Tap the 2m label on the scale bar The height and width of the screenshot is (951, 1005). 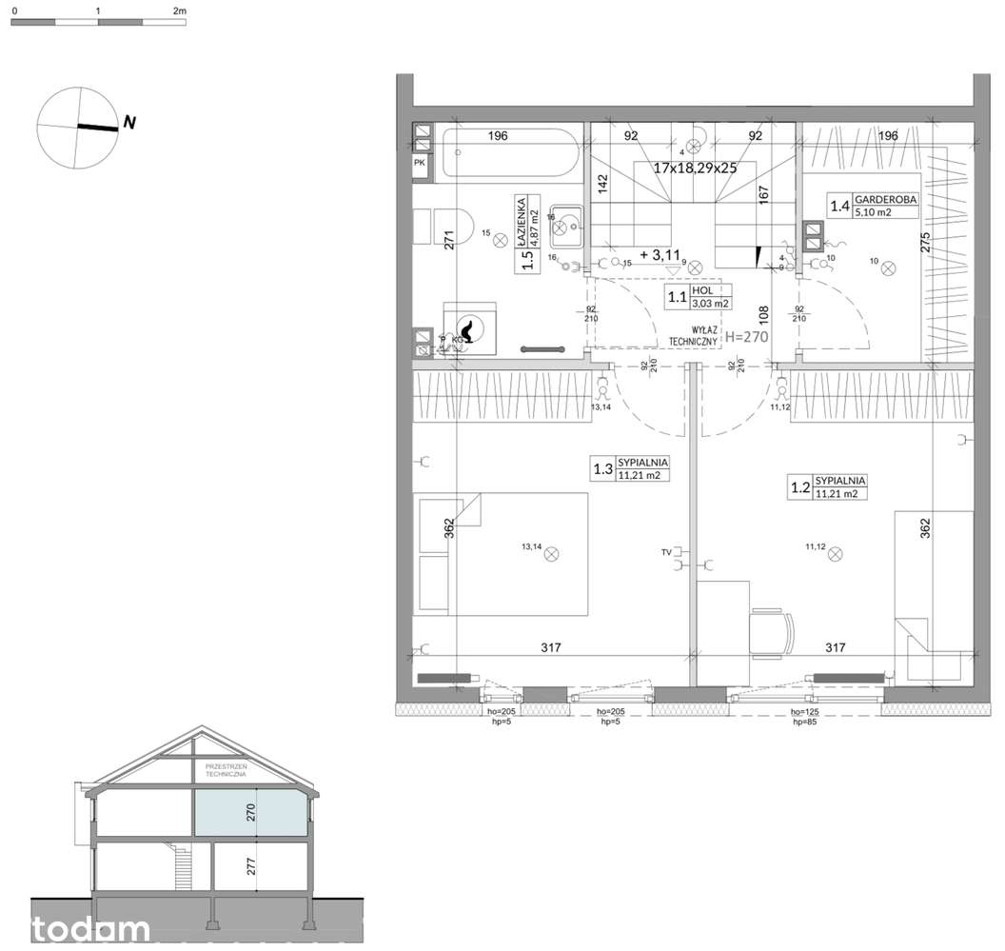click(180, 9)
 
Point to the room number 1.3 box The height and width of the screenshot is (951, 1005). click(602, 468)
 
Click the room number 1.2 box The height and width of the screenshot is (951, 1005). click(800, 487)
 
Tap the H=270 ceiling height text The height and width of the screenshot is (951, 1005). click(746, 336)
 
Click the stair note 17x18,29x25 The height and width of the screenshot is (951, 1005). click(697, 168)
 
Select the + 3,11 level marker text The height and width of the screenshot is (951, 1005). click(661, 255)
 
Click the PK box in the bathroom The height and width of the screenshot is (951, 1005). click(420, 164)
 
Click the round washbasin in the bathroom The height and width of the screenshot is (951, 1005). click(570, 227)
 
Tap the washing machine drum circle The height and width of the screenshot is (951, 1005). click(468, 329)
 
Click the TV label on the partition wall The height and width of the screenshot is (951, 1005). click(666, 552)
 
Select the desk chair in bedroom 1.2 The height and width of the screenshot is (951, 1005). click(770, 633)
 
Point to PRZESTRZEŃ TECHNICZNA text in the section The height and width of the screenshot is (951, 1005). click(226, 769)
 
